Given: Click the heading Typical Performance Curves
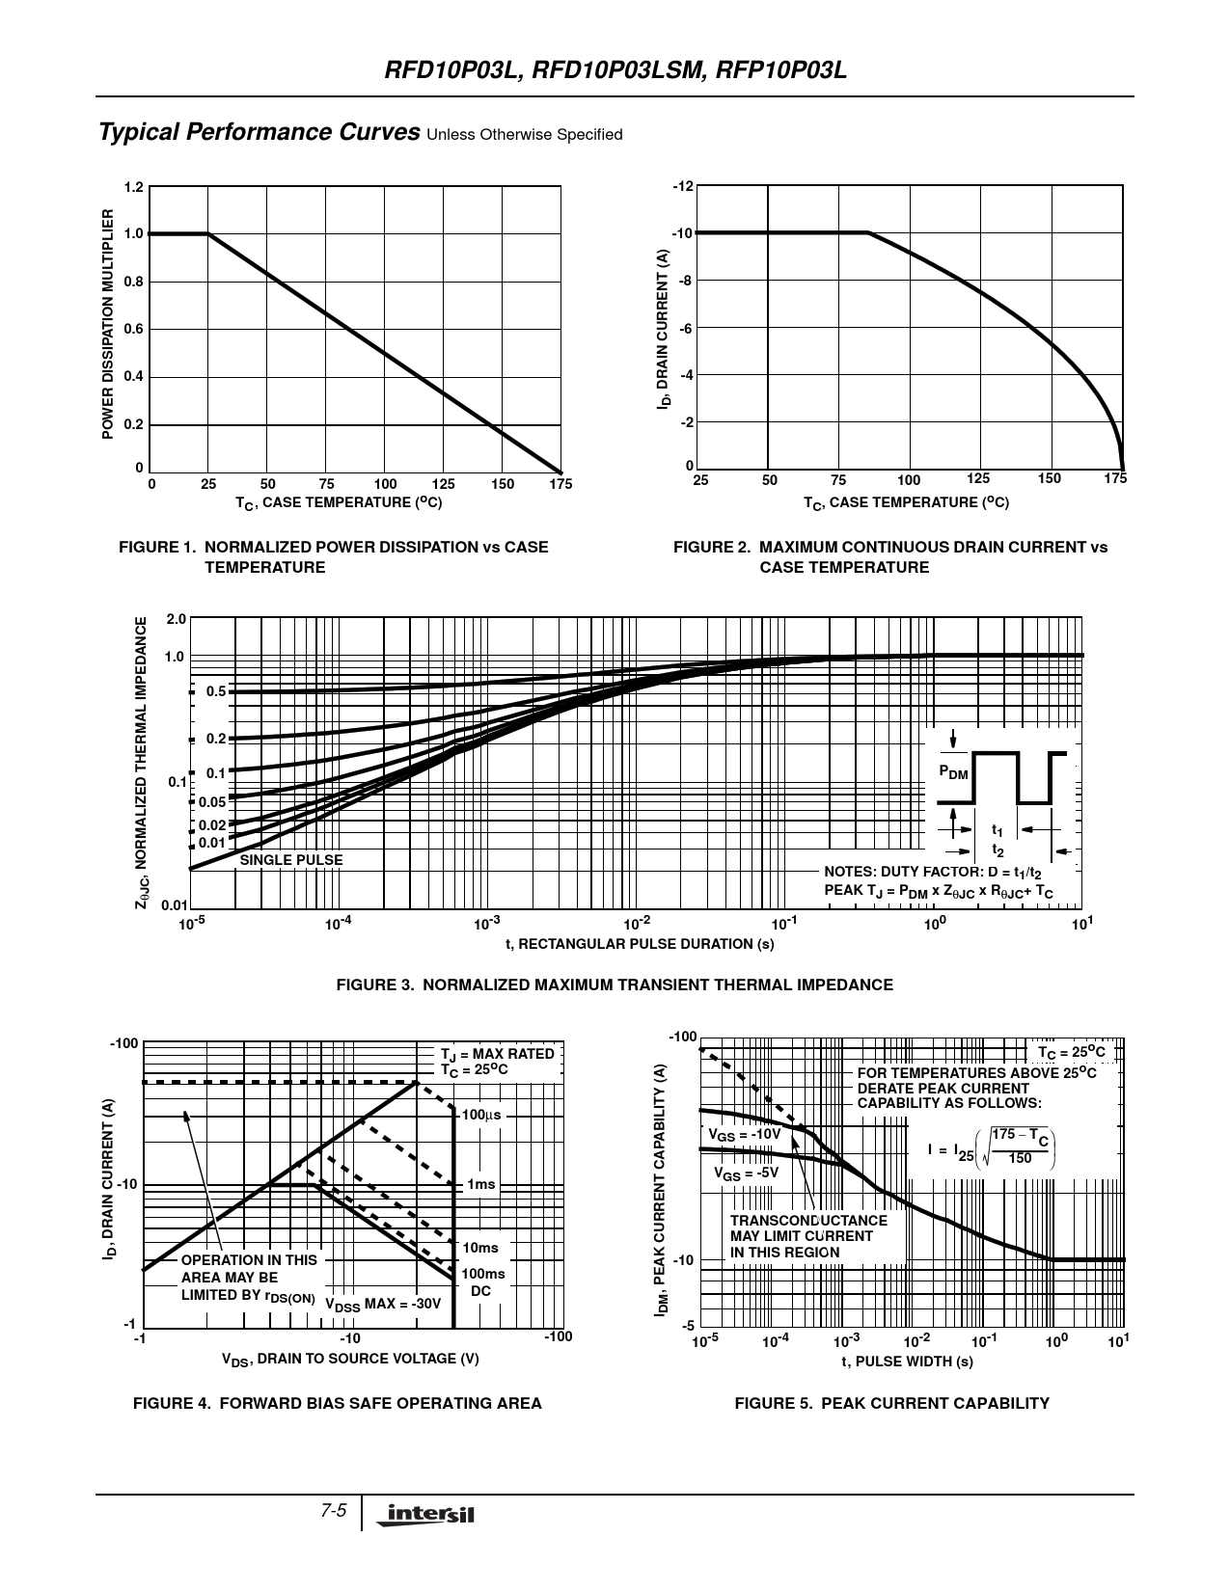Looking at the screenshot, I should point(259,132).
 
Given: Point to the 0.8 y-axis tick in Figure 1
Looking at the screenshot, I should point(133,282).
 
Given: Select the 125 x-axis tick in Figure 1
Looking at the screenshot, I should point(443,484).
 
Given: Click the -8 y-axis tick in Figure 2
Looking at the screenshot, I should point(684,281).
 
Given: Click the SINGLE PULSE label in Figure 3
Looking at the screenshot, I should point(290,860).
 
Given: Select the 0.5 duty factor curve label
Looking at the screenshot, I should point(215,691).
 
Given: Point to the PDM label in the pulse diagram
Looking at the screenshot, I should point(953,772).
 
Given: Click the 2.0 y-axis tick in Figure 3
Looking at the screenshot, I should point(175,619).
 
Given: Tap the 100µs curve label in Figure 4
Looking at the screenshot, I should point(481,1115).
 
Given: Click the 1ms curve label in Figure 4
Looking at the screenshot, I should point(481,1184).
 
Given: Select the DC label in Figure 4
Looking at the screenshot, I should point(480,1290).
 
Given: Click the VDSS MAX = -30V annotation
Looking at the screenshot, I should point(383,1305).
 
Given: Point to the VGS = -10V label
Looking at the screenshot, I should point(744,1135).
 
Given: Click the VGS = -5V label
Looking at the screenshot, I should point(746,1173).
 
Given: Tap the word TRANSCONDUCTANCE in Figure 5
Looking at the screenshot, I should point(808,1221).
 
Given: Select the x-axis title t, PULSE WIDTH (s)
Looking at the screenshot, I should point(907,1362).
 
